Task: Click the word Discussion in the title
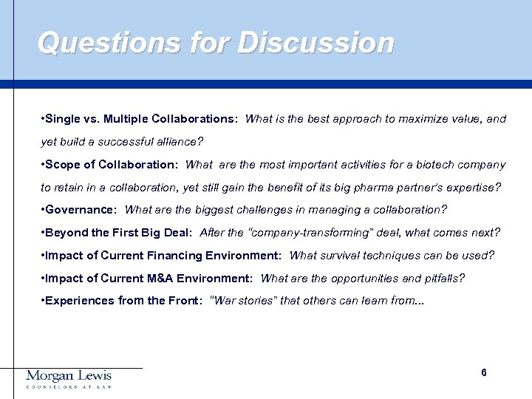point(316,43)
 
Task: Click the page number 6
point(483,373)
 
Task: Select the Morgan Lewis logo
point(69,379)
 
